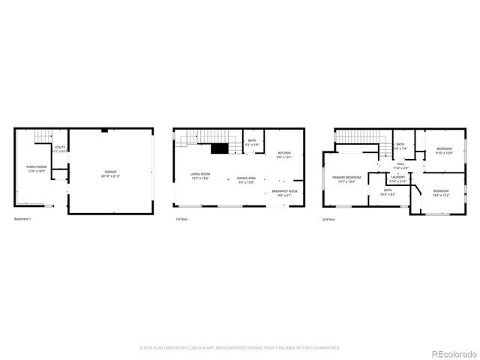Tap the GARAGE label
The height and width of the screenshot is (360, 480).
[111, 172]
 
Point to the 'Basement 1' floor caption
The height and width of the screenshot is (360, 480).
[24, 219]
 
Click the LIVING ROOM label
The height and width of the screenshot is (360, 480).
[199, 175]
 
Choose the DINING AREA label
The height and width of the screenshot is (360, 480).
[247, 178]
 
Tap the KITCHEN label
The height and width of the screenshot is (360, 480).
[283, 153]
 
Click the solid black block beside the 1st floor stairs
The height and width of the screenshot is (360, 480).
[219, 148]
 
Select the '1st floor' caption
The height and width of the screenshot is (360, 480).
[181, 219]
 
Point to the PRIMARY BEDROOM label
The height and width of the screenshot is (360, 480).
[346, 177]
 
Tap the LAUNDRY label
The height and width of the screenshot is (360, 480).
[398, 178]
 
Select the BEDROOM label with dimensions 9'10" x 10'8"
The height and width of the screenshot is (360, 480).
[444, 149]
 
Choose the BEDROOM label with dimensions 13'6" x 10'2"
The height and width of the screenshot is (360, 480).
[441, 191]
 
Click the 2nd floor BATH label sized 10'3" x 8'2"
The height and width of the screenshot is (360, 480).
[388, 190]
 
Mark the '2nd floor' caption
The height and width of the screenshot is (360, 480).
[328, 219]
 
